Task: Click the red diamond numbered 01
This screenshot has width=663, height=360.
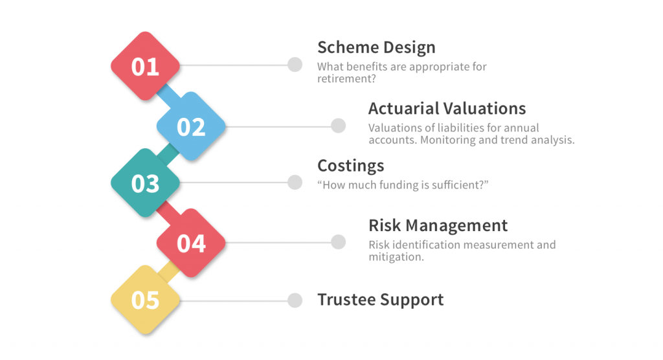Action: point(145,66)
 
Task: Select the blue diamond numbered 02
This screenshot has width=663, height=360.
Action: point(191,126)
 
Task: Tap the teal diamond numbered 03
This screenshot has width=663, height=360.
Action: point(145,183)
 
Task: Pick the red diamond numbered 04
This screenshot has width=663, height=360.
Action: point(191,243)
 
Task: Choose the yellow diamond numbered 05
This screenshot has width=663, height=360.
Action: point(145,300)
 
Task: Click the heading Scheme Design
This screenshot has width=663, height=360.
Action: point(376,47)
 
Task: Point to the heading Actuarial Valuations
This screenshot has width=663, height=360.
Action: point(447,108)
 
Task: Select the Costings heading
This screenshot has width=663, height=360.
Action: point(350,166)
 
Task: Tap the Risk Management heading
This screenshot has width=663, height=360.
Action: point(438,225)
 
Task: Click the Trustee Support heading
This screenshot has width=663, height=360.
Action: point(380,300)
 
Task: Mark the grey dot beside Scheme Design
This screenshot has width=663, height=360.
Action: point(295,65)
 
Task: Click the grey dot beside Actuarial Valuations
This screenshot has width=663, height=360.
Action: point(338,126)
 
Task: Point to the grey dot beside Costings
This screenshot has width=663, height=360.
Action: point(295,183)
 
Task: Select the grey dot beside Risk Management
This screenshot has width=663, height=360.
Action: point(338,242)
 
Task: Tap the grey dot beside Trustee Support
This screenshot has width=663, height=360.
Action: point(295,300)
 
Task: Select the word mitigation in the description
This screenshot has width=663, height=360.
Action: point(395,257)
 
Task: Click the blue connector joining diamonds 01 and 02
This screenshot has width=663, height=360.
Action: point(168,96)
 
